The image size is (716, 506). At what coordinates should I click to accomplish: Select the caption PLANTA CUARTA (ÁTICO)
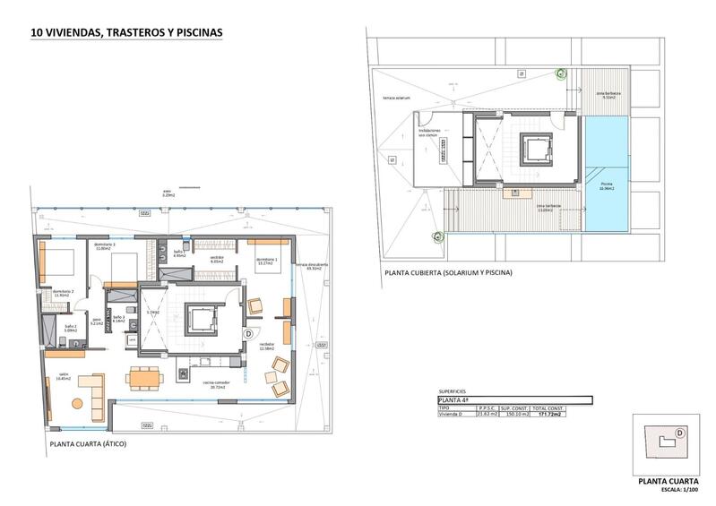click(x=88, y=443)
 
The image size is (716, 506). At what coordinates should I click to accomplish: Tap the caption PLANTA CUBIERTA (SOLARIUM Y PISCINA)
click(x=447, y=272)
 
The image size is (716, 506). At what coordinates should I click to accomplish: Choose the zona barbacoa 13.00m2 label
click(x=548, y=208)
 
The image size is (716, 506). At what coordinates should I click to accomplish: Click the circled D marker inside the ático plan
click(x=247, y=333)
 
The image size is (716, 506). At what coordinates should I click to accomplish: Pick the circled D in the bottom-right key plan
click(x=680, y=433)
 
